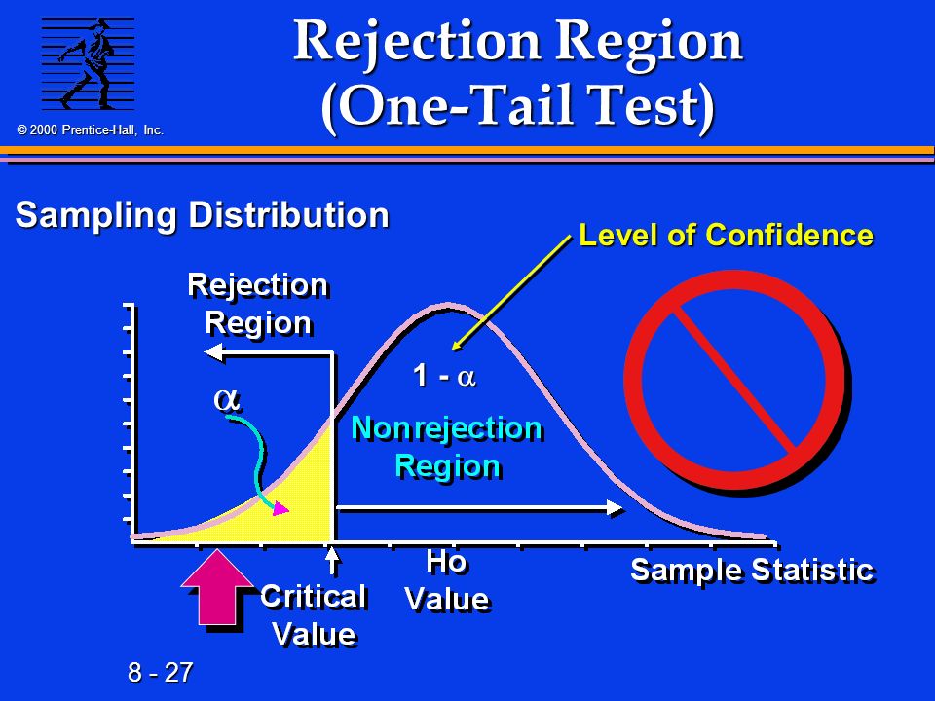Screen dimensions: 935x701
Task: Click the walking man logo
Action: tap(88, 64)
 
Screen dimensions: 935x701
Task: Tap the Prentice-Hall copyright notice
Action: tap(90, 129)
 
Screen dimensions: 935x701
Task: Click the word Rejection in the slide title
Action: tap(417, 42)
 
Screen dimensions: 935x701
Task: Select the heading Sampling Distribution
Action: tap(203, 214)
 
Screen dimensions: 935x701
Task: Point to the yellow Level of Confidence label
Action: tap(727, 235)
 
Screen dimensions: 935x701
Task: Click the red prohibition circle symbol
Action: tap(736, 382)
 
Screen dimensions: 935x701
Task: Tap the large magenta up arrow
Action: tap(217, 587)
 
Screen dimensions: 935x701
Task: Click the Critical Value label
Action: tap(314, 614)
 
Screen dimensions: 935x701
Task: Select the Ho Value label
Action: tap(447, 580)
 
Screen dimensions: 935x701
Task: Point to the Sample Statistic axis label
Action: tap(753, 570)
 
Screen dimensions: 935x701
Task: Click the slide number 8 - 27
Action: tap(161, 673)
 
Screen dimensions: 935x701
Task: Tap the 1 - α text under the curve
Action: tap(444, 376)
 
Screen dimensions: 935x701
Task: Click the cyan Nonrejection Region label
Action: tap(447, 447)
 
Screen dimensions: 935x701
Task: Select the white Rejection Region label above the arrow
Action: tap(258, 304)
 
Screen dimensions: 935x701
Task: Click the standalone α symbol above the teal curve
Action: tap(227, 399)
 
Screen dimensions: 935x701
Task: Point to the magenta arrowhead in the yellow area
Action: tap(280, 508)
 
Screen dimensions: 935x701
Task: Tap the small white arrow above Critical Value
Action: tap(333, 561)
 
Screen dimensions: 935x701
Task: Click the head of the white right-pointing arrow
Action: tap(615, 508)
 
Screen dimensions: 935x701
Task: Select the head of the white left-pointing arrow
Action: tap(213, 352)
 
